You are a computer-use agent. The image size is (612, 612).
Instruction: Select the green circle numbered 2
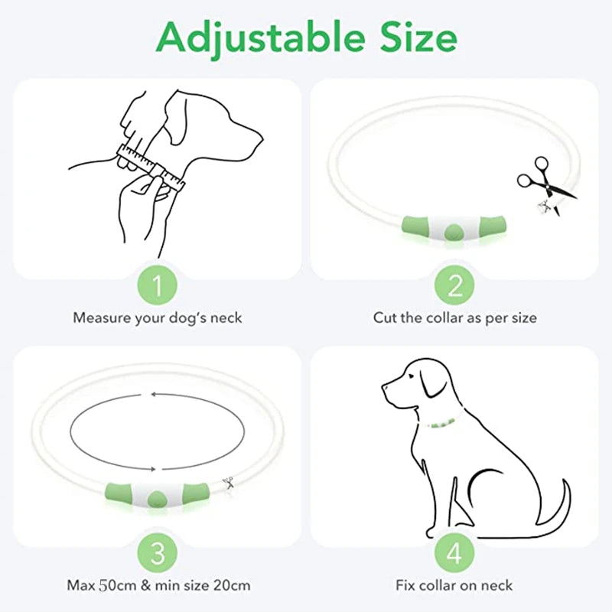454,286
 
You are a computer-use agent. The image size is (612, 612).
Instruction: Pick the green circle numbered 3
157,552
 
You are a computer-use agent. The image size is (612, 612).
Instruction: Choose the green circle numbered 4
454,552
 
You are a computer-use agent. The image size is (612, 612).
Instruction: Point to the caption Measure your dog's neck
157,317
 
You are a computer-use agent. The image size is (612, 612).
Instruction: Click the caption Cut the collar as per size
454,317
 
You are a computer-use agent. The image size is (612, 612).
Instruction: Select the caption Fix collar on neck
454,586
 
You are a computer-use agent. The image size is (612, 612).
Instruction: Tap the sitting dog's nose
384,387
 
